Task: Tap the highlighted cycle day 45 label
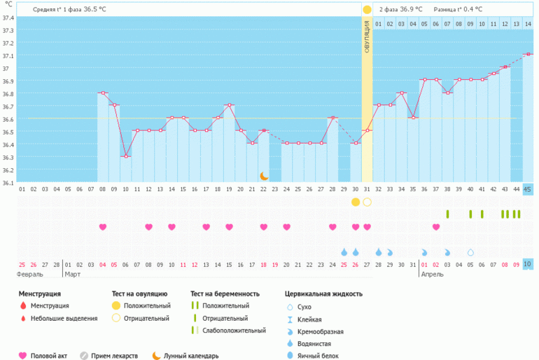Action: tap(527, 189)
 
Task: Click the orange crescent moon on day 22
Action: tap(264, 176)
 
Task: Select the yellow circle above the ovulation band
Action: tap(367, 9)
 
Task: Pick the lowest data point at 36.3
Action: tap(126, 156)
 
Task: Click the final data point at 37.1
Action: tap(527, 54)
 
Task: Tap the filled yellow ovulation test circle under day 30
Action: tap(356, 202)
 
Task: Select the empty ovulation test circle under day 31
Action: tap(367, 202)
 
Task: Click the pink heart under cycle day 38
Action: tap(436, 227)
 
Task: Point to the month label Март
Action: tap(74, 275)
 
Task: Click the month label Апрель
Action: tap(431, 275)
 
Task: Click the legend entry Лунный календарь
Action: tap(190, 355)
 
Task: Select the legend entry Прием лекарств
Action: tap(115, 355)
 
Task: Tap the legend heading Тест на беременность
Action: tap(225, 293)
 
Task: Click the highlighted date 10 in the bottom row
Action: tap(527, 263)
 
